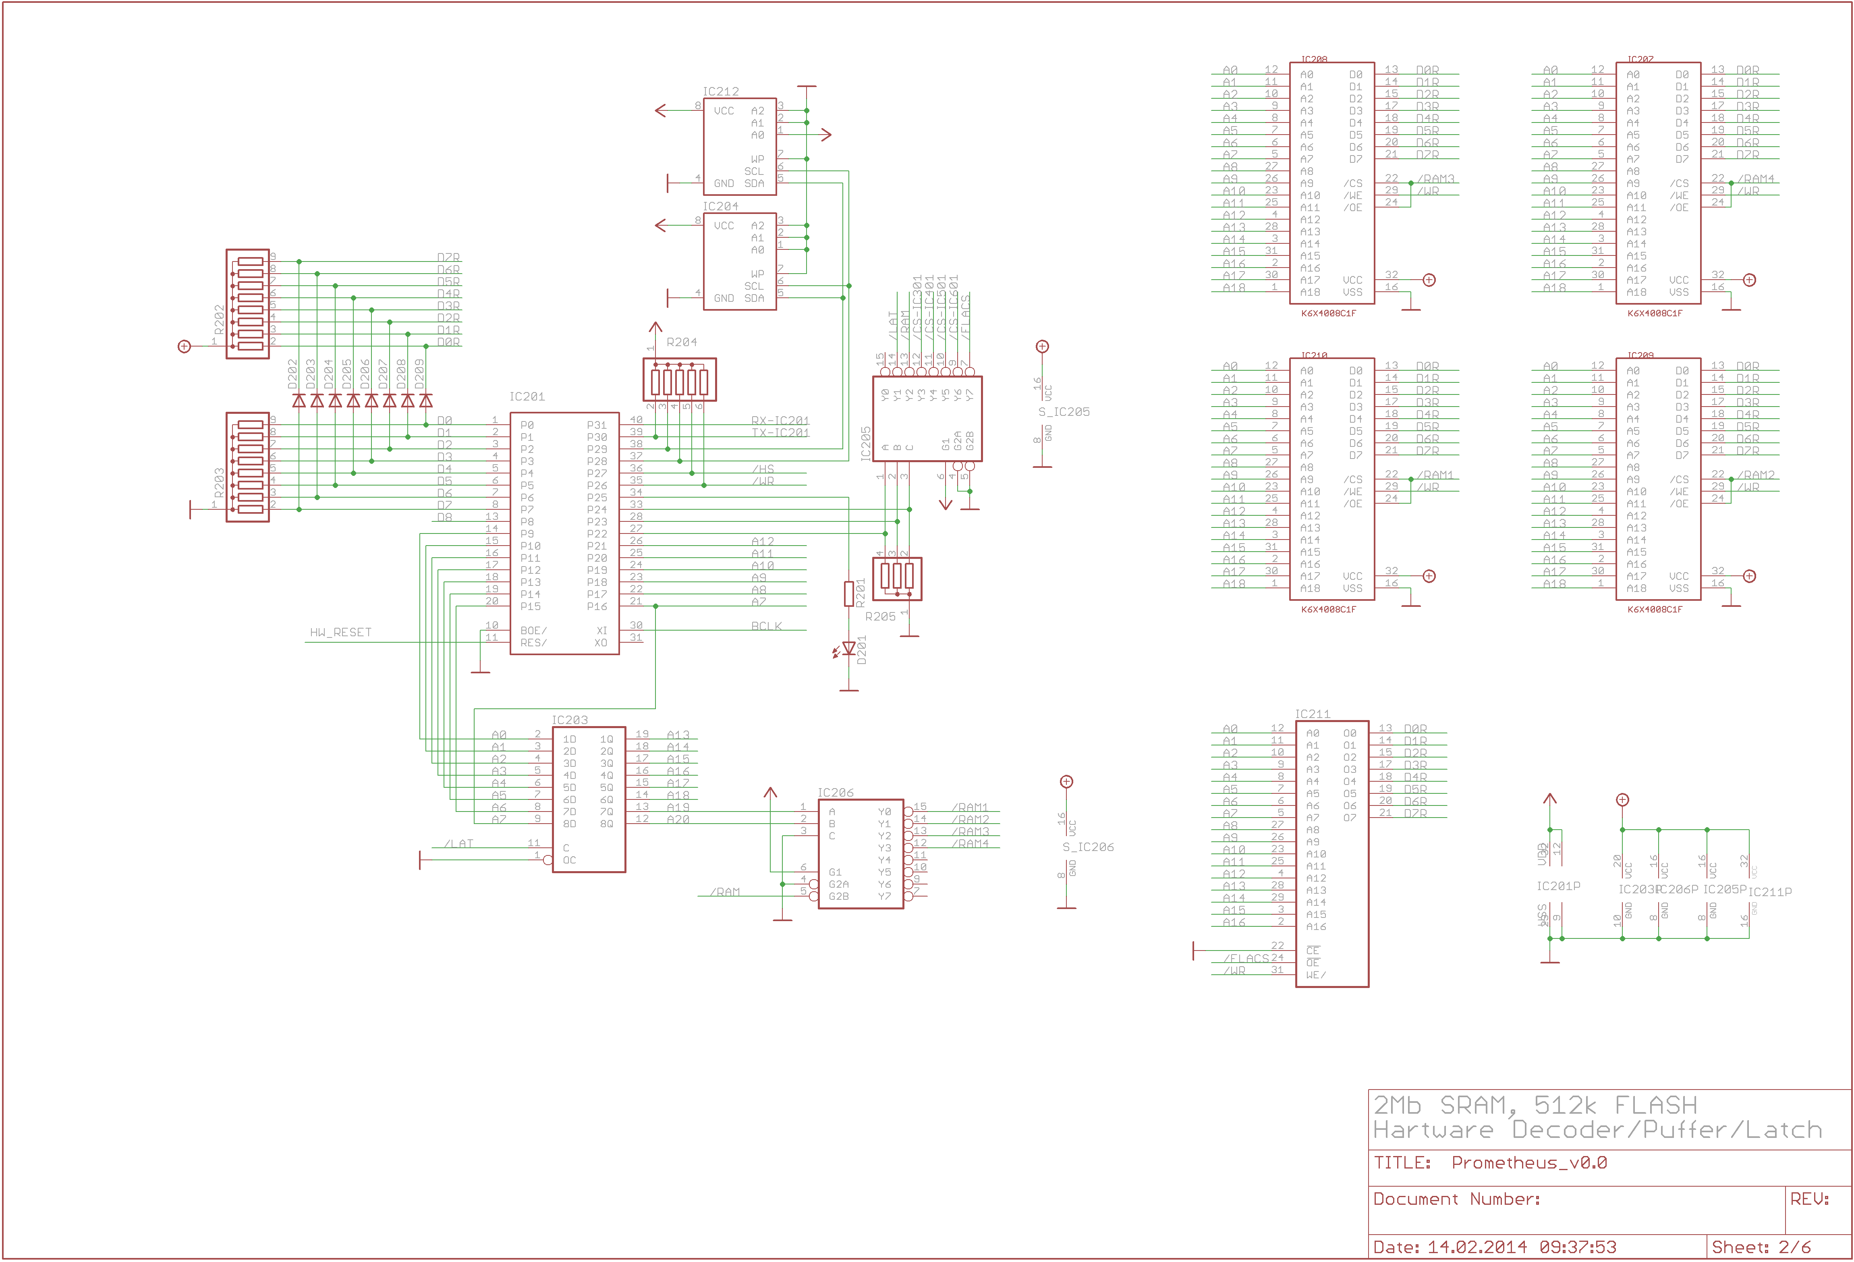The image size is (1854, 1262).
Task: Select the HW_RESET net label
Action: tap(341, 633)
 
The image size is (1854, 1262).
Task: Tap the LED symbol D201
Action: tap(849, 650)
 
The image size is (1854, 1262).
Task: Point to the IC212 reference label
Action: tap(720, 92)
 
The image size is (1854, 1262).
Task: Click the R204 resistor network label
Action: tap(681, 342)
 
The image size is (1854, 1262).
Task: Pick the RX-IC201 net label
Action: tap(780, 420)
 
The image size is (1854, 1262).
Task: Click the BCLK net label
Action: tap(766, 626)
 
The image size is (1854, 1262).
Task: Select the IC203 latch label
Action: tap(570, 720)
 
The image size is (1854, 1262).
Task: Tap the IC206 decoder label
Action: tap(835, 792)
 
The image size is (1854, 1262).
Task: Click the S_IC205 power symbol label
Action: tap(1064, 412)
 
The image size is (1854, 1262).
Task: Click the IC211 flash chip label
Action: tap(1312, 714)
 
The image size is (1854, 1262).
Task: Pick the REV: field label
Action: tap(1809, 1199)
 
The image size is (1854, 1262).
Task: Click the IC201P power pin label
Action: tap(1558, 886)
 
